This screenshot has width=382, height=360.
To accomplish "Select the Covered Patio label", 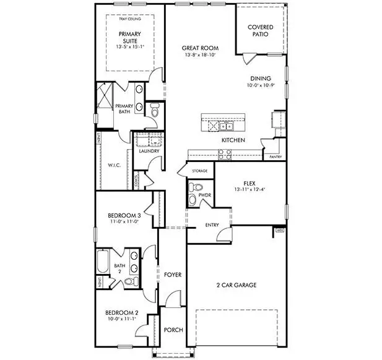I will point(261,32).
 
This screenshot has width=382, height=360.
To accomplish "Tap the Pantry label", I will point(276,157).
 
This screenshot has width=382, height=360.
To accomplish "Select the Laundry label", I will point(149,151).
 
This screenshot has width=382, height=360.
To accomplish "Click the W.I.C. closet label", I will point(113,165).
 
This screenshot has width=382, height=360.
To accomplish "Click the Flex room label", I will point(249,184).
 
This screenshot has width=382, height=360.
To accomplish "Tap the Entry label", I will point(212,225).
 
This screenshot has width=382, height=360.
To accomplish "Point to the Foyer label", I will point(172,274).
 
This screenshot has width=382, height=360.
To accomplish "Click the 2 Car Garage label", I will point(236,285).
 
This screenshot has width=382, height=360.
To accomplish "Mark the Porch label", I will point(173,330).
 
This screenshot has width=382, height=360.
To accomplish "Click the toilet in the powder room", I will point(194,187).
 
